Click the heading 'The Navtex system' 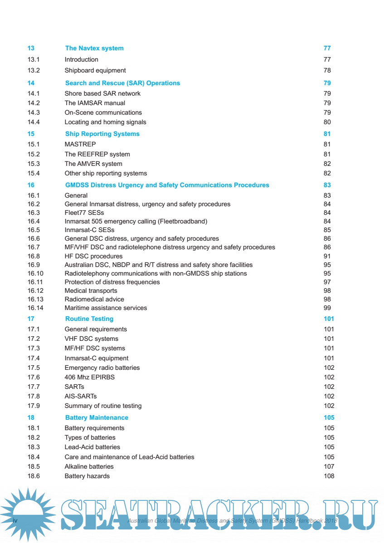[x=94, y=48]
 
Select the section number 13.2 [x=34, y=70]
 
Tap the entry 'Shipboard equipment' [x=95, y=70]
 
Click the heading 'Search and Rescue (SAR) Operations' [x=122, y=83]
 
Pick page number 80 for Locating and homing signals [x=327, y=122]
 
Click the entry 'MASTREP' [x=80, y=144]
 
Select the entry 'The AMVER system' [x=93, y=164]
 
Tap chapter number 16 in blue [x=31, y=185]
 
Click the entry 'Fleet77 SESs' [x=84, y=213]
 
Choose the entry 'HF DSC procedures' [x=93, y=256]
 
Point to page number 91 [x=327, y=256]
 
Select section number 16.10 [x=35, y=273]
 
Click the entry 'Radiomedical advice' [x=94, y=299]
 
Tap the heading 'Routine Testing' [x=89, y=319]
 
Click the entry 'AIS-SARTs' [x=81, y=396]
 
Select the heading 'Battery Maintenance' [x=97, y=417]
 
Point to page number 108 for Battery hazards [x=329, y=476]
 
